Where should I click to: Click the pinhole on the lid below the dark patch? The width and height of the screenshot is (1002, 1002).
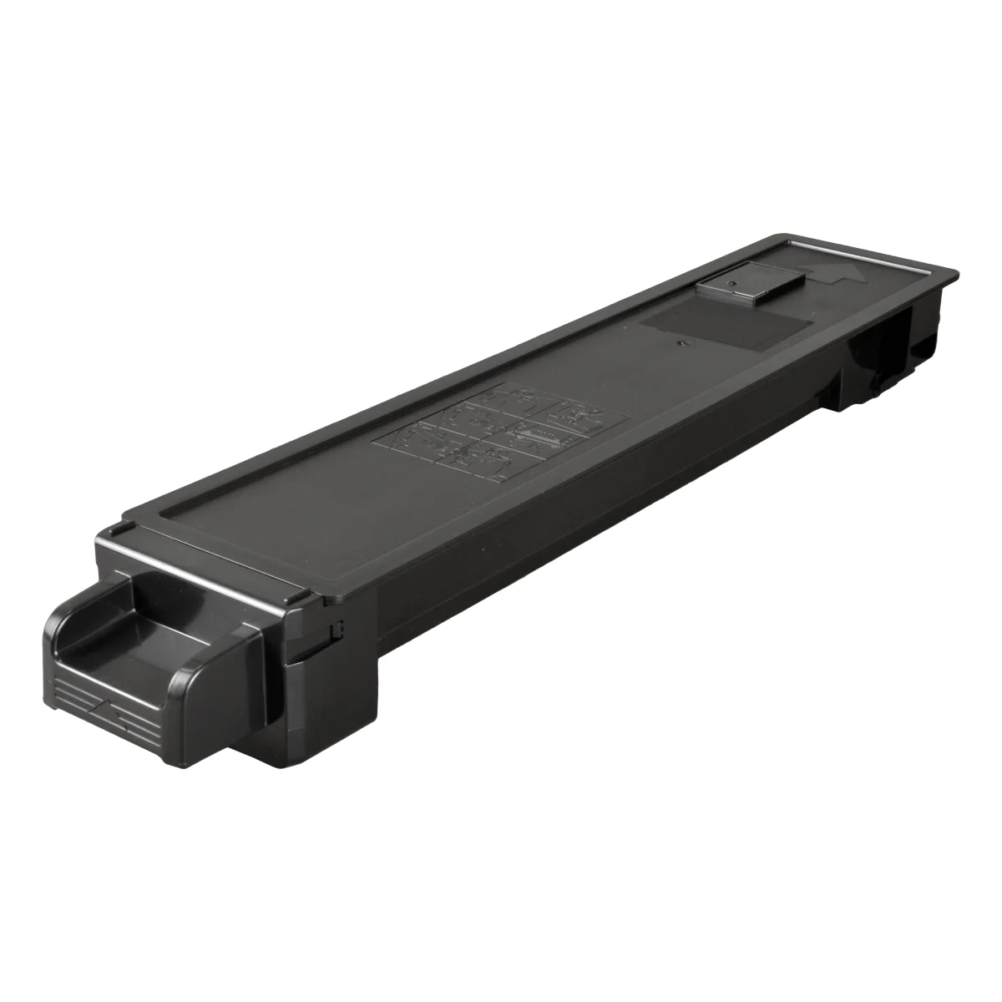click(683, 342)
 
